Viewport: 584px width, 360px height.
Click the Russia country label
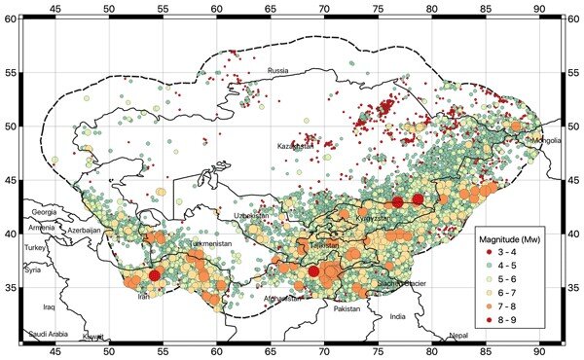click(x=279, y=71)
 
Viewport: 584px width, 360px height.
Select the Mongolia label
click(x=543, y=141)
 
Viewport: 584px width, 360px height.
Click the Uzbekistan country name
click(x=253, y=216)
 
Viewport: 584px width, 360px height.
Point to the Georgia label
click(x=46, y=211)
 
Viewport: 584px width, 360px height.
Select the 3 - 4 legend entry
click(x=512, y=251)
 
